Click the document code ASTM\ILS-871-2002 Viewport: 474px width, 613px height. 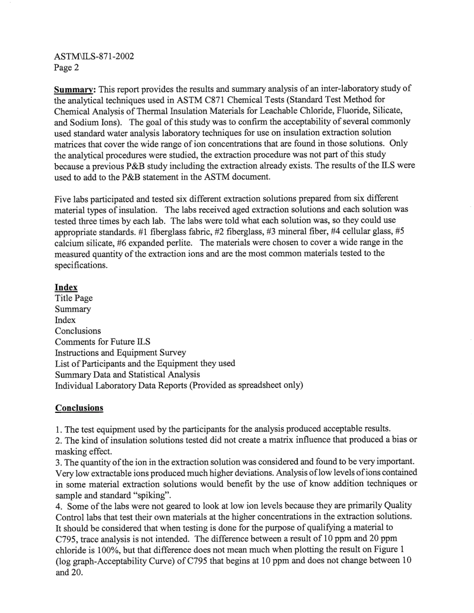pos(94,56)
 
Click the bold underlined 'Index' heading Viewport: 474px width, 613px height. pos(66,288)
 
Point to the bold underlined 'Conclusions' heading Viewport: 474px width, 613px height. pos(79,408)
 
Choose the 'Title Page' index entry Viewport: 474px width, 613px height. pos(73,298)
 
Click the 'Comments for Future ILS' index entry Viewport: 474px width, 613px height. pos(102,342)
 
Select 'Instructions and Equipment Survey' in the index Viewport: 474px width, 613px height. pos(120,353)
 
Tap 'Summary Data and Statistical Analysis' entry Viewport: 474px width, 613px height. pos(127,374)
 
